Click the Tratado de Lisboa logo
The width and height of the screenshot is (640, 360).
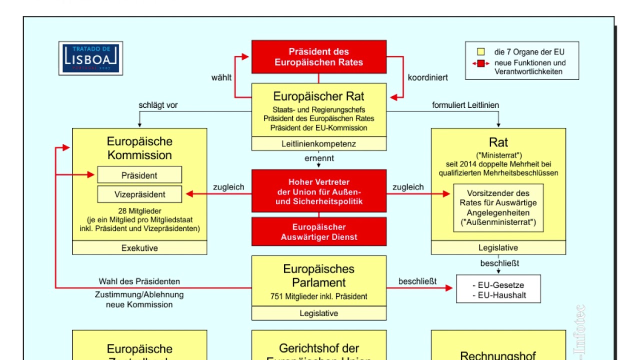90,58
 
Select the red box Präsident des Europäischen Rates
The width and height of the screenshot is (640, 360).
319,57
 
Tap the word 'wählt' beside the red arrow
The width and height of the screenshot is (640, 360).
221,77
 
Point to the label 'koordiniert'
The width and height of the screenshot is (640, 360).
427,77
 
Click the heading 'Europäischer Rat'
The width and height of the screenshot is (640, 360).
319,96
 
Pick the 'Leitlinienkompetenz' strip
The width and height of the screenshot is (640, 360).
319,144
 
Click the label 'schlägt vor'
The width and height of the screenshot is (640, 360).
158,105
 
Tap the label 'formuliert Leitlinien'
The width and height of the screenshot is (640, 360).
465,105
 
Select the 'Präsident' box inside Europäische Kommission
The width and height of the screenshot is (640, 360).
139,175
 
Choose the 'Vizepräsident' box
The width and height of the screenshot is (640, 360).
139,194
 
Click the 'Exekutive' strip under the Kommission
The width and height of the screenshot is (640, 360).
139,248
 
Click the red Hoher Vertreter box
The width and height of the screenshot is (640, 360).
319,192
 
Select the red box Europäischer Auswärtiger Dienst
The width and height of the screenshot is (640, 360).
319,232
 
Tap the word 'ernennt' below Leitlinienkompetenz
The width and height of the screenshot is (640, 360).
319,158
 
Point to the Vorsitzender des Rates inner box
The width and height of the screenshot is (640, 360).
498,207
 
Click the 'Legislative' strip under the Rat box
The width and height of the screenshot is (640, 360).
498,248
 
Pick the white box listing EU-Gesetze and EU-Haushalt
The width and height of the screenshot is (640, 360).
498,289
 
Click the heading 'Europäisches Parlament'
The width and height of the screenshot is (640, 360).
319,275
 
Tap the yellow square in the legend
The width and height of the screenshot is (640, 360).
481,51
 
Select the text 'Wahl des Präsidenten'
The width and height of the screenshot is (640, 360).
139,281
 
